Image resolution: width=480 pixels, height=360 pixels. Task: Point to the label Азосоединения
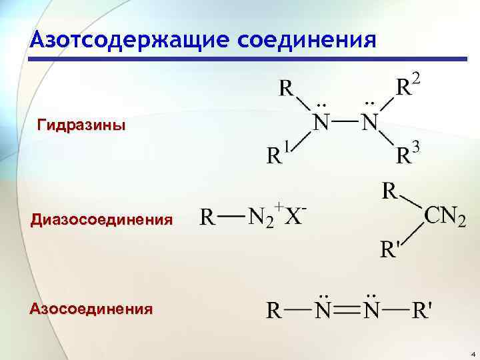[90, 309]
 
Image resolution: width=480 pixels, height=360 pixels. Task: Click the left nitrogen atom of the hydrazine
[321, 123]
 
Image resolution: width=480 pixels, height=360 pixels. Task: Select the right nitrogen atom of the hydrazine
[369, 123]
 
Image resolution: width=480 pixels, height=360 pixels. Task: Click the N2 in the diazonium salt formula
[261, 219]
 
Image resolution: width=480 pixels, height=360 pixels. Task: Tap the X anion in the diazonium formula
[293, 219]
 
